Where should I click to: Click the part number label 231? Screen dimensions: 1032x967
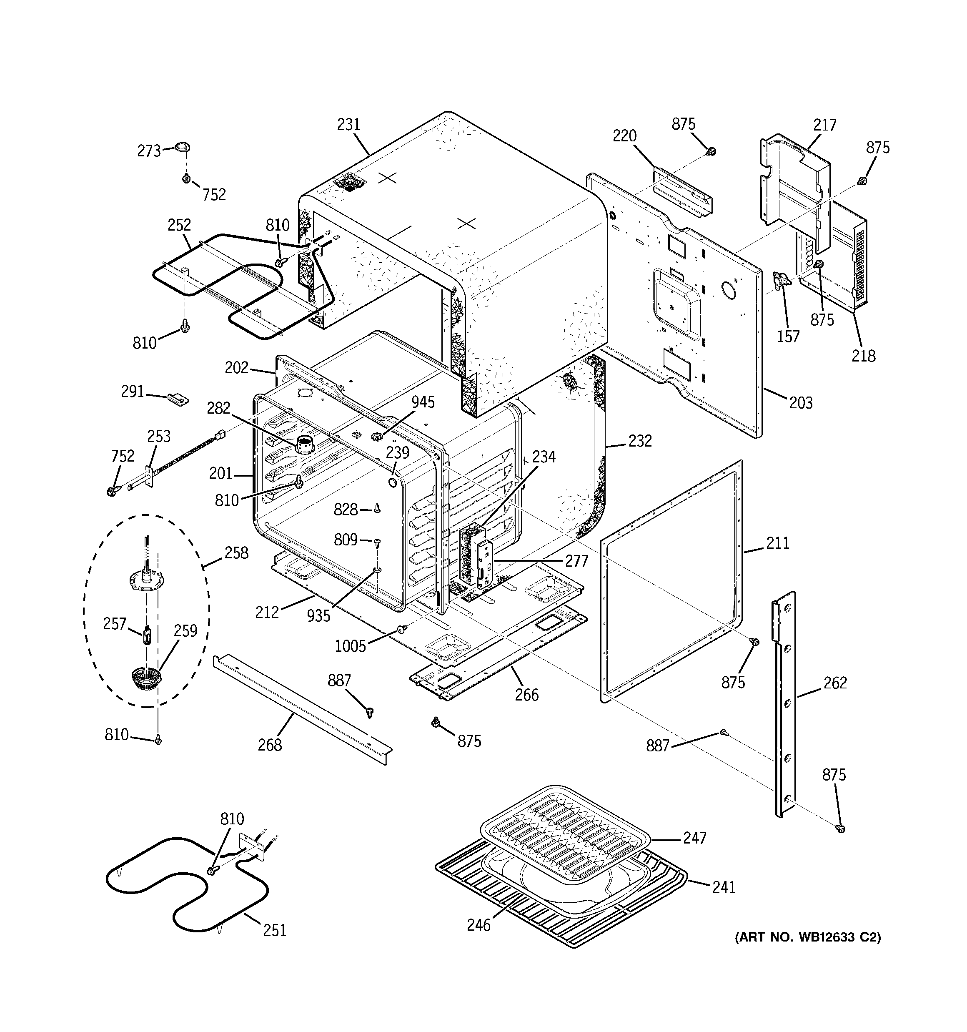click(x=348, y=125)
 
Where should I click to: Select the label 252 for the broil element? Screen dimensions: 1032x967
click(x=179, y=225)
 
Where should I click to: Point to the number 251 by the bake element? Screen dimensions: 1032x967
click(x=275, y=930)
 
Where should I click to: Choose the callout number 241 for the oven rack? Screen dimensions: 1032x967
click(x=724, y=887)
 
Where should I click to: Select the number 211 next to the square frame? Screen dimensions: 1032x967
click(x=777, y=543)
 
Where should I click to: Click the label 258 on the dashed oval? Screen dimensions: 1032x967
click(x=236, y=553)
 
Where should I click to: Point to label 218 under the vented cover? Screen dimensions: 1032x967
click(x=863, y=356)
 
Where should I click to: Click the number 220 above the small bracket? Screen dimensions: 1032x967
click(x=624, y=136)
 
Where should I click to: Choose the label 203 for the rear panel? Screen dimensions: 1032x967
click(x=801, y=402)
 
